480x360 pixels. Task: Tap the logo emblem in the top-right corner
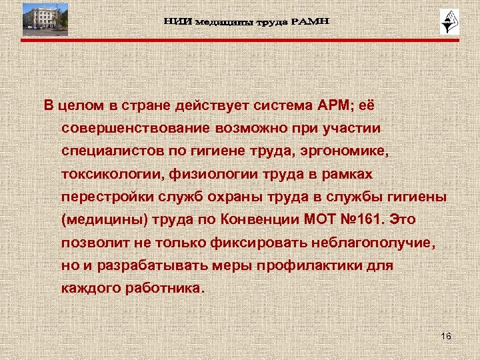click(446, 23)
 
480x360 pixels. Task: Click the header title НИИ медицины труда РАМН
click(246, 23)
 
